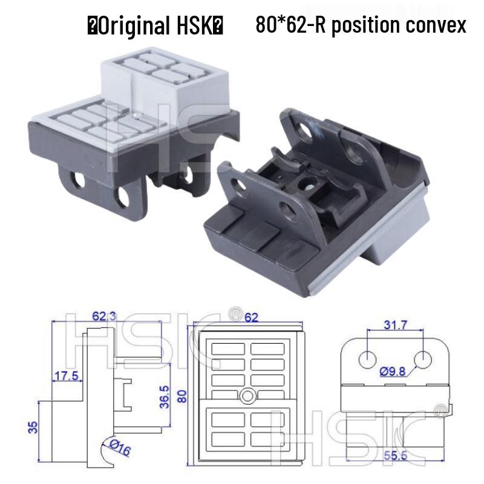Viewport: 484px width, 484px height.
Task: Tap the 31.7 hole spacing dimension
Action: (394, 325)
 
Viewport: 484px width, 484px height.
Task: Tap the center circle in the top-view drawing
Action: (246, 396)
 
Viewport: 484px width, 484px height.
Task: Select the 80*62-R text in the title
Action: (287, 25)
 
